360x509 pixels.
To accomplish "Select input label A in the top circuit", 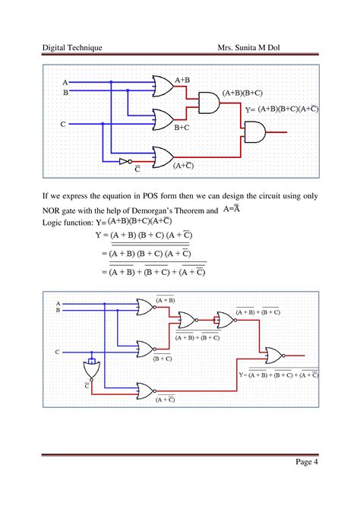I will pos(65,82).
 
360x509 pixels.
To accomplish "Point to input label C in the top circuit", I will pos(63,123).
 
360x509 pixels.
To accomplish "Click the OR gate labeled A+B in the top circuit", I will pos(163,86).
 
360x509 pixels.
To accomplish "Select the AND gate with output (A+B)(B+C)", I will pos(207,101).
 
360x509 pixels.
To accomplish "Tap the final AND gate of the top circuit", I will pos(254,133).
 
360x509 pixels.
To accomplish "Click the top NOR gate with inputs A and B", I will pos(144,307).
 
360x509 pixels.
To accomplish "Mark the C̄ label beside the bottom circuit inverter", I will pos(88,386).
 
